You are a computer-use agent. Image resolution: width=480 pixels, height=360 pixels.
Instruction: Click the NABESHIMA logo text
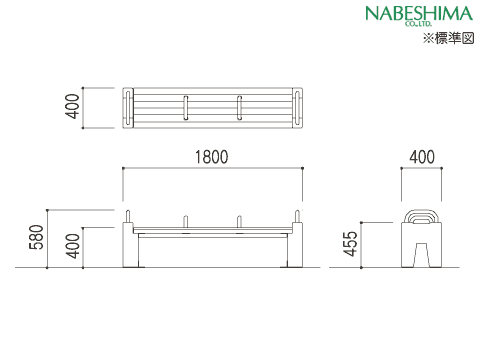tap(419, 14)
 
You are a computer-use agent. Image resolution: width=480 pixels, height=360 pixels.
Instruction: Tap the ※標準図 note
tap(448, 38)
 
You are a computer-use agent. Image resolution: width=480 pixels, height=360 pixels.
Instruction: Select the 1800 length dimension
tap(212, 157)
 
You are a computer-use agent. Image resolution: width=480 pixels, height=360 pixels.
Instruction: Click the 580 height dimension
tap(37, 237)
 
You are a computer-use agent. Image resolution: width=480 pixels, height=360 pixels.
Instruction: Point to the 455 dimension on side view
tap(351, 244)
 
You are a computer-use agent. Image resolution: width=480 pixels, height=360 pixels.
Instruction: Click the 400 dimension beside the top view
tap(72, 106)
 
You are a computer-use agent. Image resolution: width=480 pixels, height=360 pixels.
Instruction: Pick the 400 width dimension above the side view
tap(422, 157)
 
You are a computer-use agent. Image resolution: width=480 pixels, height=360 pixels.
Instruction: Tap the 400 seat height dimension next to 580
tap(72, 246)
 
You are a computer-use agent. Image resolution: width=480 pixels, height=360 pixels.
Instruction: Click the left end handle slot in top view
tap(128, 108)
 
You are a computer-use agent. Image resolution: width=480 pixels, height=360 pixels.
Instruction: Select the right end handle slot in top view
tap(297, 108)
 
